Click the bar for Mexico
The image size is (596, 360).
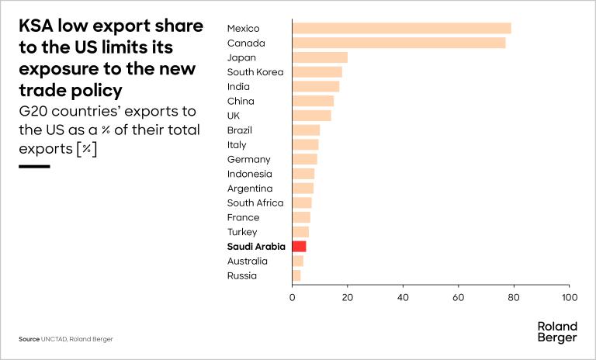click(401, 28)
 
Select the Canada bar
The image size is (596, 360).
click(398, 43)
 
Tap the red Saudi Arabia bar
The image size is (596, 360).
click(299, 246)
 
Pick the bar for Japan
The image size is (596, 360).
click(319, 57)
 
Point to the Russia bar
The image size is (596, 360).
click(296, 275)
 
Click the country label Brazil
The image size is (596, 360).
click(241, 130)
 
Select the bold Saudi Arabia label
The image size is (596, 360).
click(256, 246)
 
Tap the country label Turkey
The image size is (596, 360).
click(241, 232)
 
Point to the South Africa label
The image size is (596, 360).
click(255, 202)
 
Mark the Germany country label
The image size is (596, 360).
click(248, 159)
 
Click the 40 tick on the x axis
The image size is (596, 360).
click(403, 297)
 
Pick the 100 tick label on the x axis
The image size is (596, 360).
click(570, 297)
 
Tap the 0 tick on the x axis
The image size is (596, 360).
click(292, 297)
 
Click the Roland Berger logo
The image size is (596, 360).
click(556, 332)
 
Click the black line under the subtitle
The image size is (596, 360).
click(34, 165)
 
